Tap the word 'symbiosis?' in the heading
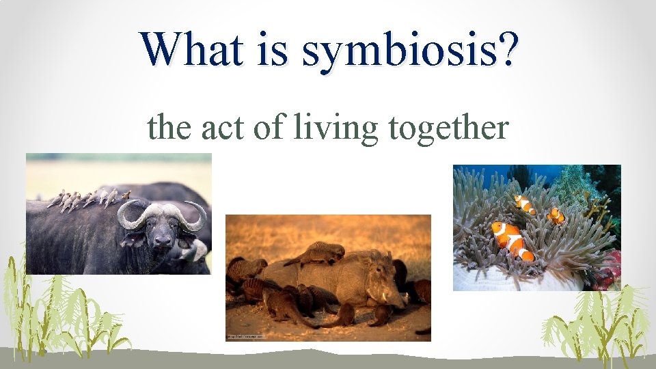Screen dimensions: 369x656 [x=408, y=51]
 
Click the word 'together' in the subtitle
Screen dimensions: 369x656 [x=448, y=128]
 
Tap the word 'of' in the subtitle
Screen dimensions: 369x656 [x=267, y=128]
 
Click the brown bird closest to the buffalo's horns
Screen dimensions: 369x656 [x=125, y=195]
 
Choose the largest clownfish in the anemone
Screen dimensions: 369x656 [x=511, y=240]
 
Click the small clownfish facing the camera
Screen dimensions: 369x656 [x=556, y=216]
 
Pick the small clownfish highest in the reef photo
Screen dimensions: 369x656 [x=524, y=204]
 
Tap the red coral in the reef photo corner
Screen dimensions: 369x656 [x=610, y=266]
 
